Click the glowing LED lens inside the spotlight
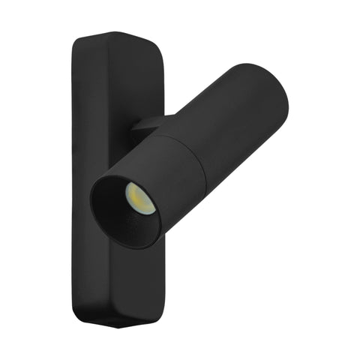139,196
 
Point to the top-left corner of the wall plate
79,41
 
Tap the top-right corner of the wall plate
159,46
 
